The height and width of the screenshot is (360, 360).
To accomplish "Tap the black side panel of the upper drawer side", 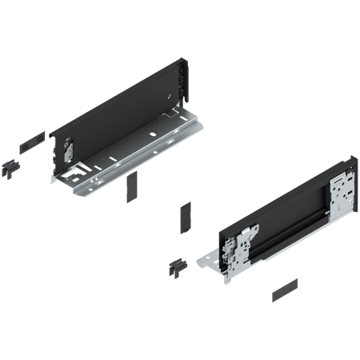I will pyautogui.click(x=120, y=104).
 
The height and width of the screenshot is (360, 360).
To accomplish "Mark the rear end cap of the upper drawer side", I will pyautogui.click(x=183, y=82).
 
